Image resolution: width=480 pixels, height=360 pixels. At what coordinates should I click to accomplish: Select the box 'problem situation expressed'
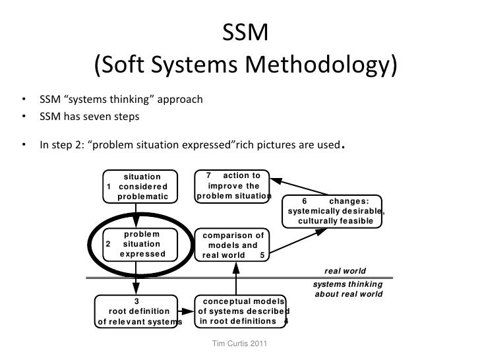coord(136,244)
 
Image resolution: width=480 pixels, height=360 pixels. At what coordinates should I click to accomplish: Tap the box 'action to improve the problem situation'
coord(233,186)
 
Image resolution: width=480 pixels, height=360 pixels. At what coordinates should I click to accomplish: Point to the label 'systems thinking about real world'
coord(347,289)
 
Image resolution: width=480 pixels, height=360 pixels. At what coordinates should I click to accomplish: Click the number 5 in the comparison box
coord(263,256)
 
